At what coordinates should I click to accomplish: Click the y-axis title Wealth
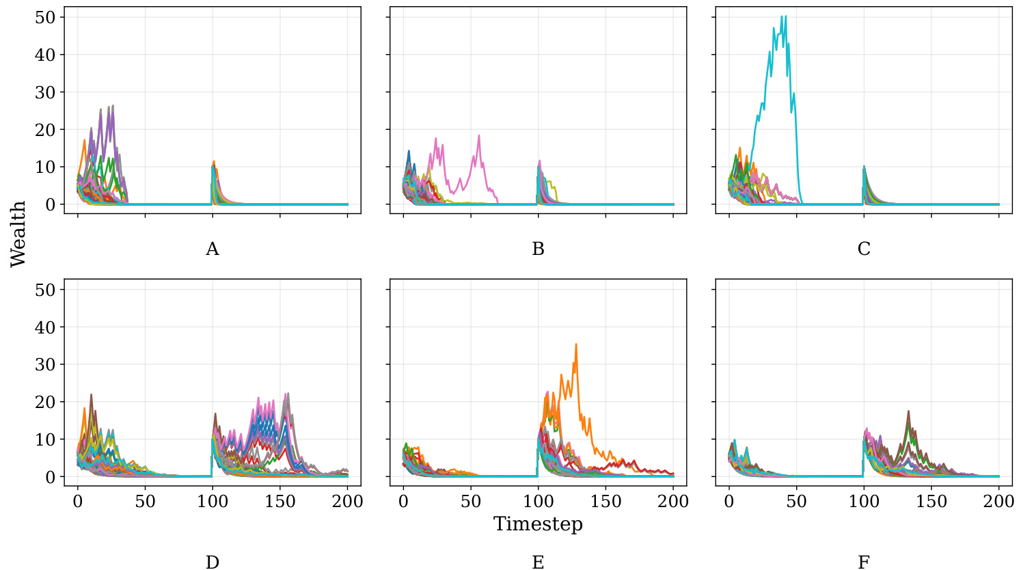click(18, 234)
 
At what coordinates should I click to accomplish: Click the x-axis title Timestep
click(538, 524)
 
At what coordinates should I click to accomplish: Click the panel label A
click(213, 249)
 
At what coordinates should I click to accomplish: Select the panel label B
click(538, 249)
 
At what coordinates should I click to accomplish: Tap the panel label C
click(864, 249)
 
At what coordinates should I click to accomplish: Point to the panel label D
click(213, 562)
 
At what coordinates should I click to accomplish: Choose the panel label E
click(538, 562)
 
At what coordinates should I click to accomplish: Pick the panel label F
click(864, 562)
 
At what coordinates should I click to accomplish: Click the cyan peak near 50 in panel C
click(785, 16)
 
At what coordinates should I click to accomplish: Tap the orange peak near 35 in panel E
click(576, 344)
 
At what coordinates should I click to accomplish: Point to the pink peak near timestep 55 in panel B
click(479, 135)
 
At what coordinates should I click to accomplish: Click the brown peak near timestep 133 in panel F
click(908, 411)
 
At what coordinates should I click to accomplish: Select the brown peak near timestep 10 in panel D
click(91, 394)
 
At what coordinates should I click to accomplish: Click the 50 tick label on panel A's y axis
click(45, 17)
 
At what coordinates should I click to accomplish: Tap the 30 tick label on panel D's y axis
click(45, 365)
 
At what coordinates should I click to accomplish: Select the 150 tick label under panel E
click(605, 502)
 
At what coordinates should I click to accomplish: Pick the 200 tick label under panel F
click(998, 502)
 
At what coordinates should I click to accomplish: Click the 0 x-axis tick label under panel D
click(78, 502)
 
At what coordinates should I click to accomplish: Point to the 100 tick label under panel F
click(864, 502)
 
